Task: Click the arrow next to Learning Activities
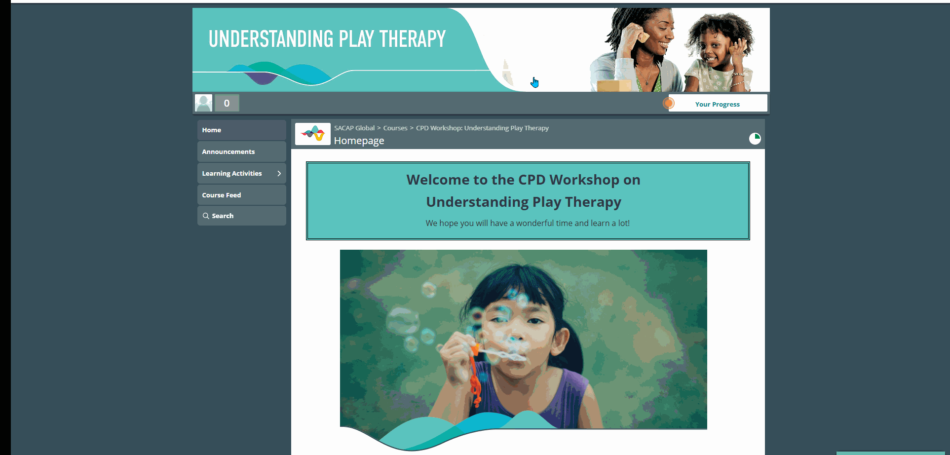[279, 173]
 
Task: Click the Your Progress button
[718, 104]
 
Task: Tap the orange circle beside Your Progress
[669, 103]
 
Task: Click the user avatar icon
[203, 103]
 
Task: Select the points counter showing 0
[227, 103]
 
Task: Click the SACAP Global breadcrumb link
[354, 128]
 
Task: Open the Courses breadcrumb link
[395, 128]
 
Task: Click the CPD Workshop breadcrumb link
[482, 128]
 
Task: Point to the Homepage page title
[359, 141]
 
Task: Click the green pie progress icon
[755, 139]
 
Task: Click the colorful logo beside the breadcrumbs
[313, 134]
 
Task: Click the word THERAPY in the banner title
[413, 39]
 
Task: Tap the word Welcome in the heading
[437, 180]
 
